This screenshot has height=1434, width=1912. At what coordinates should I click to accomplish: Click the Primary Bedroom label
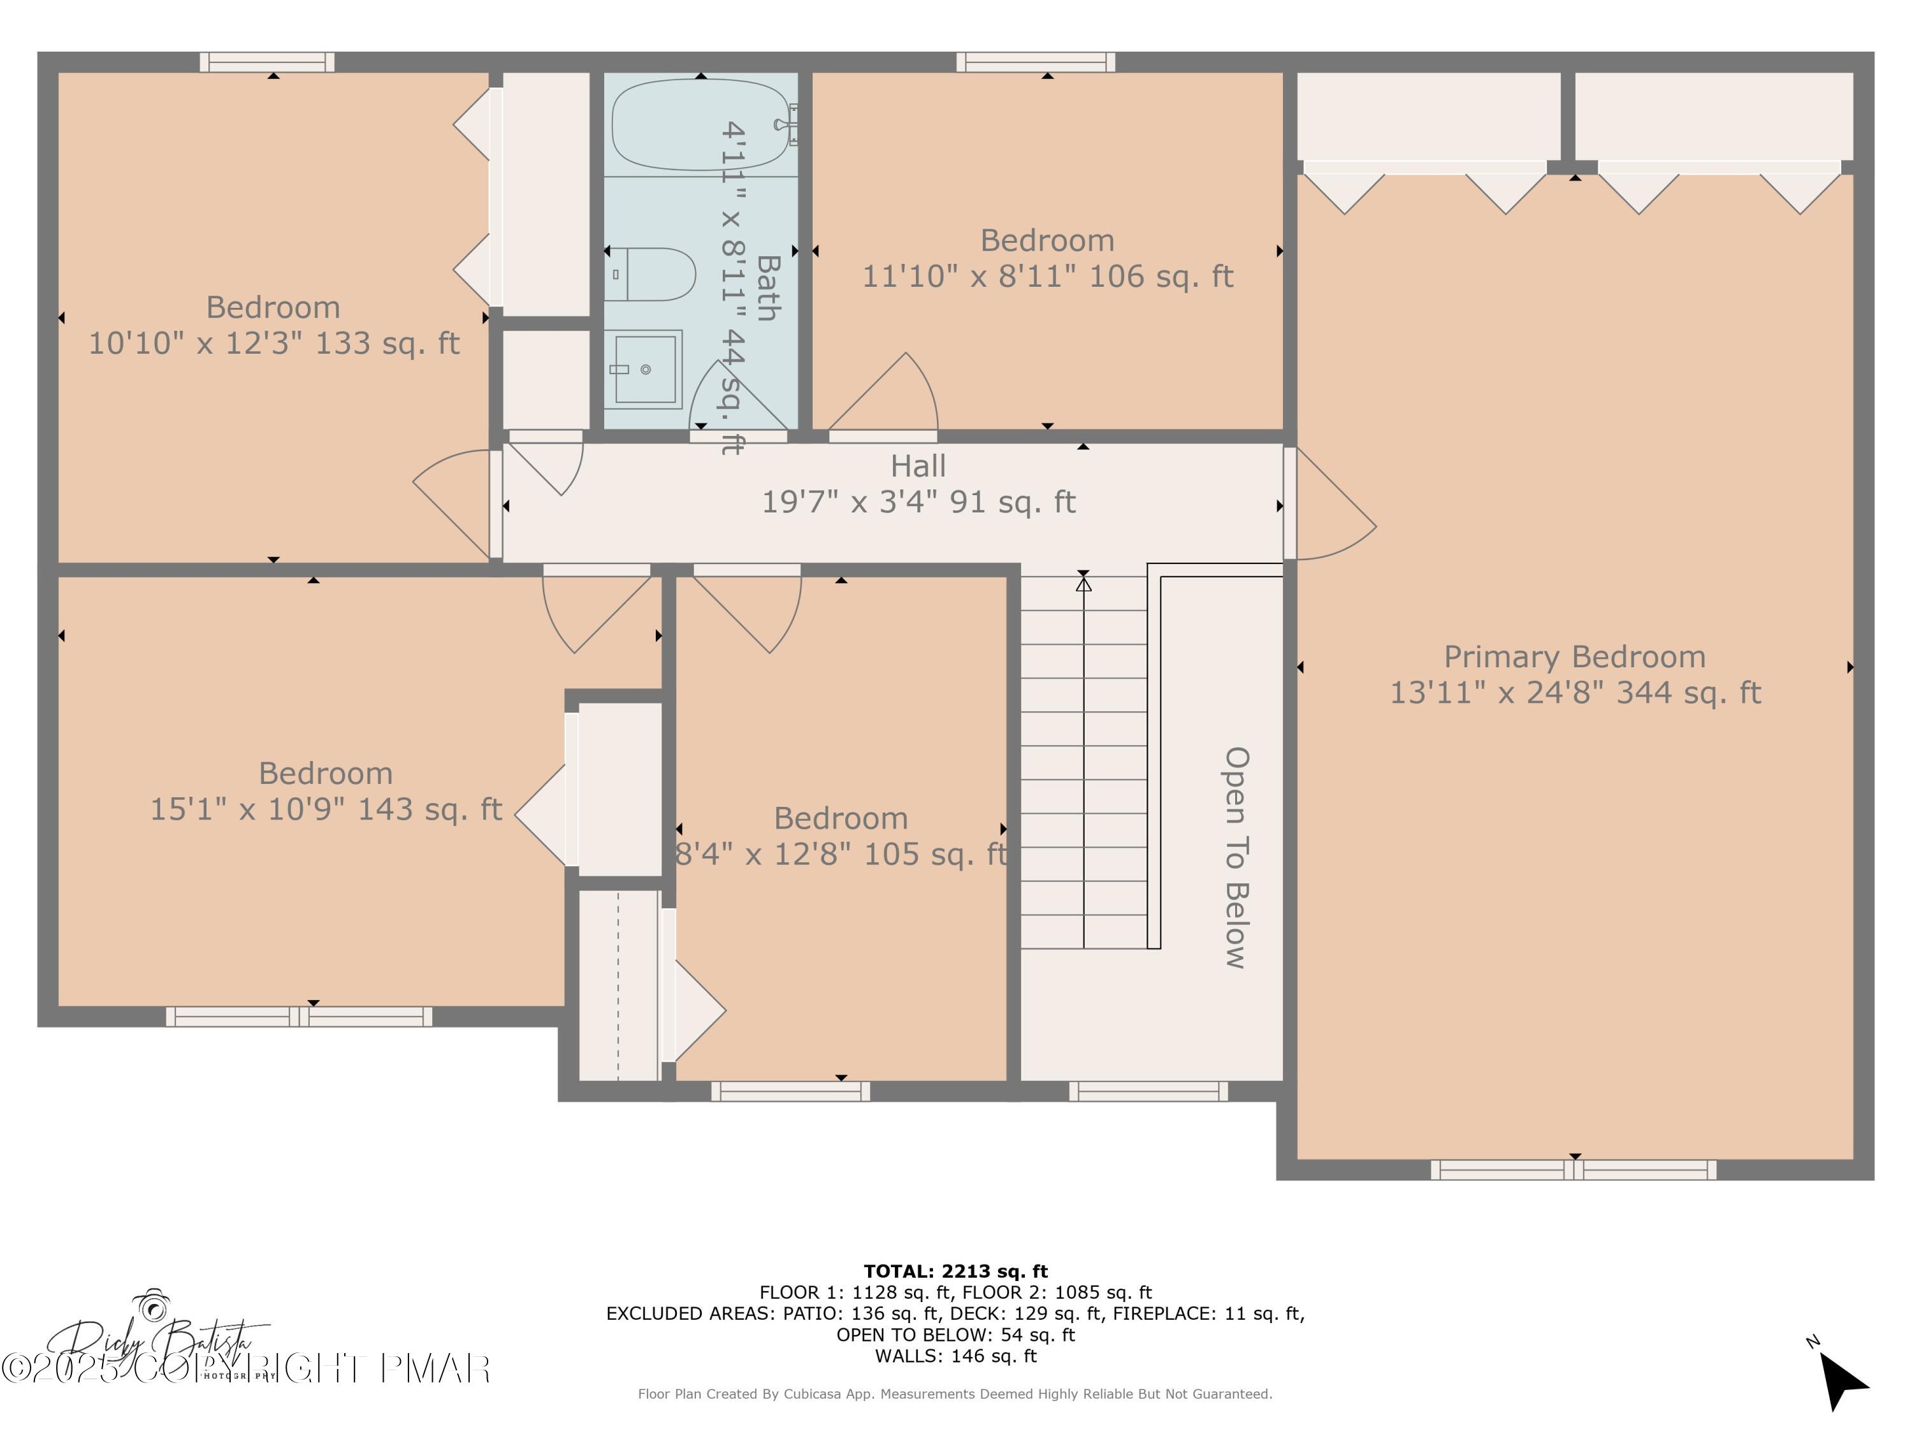(1574, 657)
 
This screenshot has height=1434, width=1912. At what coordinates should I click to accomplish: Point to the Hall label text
(918, 467)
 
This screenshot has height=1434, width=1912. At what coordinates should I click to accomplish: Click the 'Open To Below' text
(1236, 857)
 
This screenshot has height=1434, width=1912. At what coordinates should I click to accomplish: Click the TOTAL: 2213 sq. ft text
(955, 1271)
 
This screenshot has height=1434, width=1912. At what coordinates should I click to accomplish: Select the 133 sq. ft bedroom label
(273, 343)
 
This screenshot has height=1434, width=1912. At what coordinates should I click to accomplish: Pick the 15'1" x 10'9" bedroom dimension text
(326, 809)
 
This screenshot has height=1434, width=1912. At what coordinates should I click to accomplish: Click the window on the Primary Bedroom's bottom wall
(1573, 1170)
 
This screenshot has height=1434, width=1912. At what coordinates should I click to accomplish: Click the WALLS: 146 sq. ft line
(955, 1356)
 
